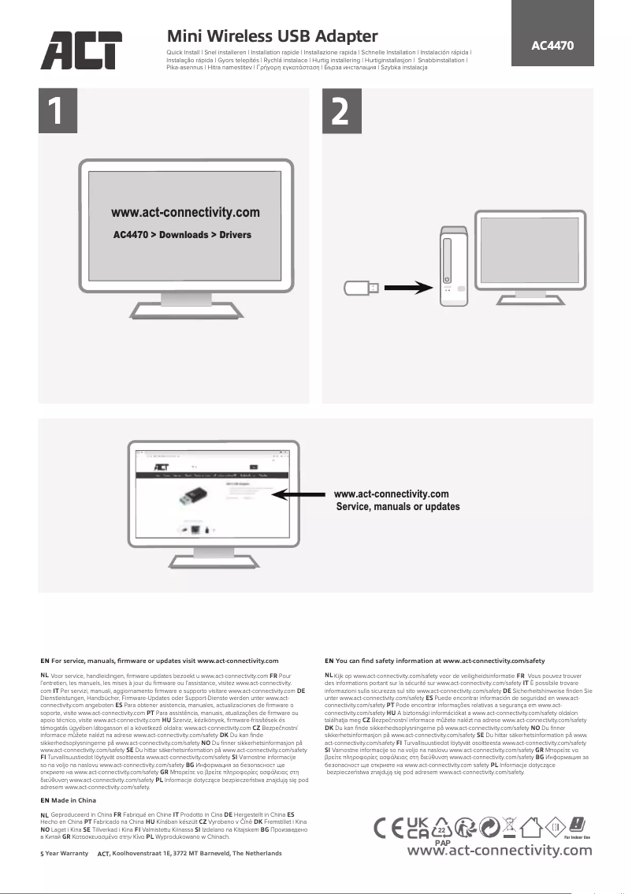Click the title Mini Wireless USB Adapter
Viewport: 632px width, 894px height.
point(273,36)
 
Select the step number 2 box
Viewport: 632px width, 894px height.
point(340,114)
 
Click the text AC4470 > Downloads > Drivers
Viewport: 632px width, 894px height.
point(182,235)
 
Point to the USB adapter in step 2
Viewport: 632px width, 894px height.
point(362,288)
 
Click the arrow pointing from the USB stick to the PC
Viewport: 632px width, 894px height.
point(408,288)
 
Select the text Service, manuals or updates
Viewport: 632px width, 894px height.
point(398,506)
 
